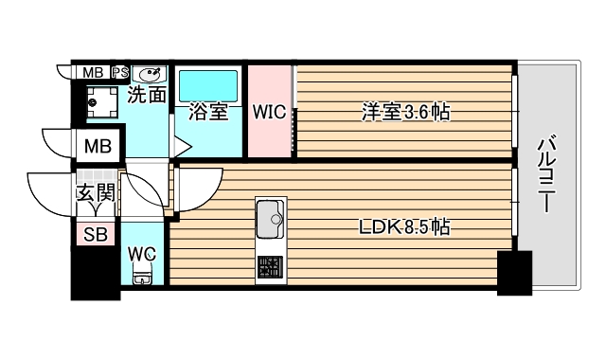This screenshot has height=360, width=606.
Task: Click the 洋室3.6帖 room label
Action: tap(403, 113)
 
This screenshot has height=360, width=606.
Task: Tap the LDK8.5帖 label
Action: tap(402, 228)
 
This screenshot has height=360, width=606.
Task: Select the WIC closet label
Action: tap(269, 112)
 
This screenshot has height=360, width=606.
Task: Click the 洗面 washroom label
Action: tap(147, 95)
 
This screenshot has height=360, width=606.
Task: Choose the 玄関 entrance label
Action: tap(96, 194)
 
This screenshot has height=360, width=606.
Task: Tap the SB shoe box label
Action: tap(95, 235)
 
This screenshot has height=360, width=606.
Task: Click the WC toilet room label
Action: tap(143, 254)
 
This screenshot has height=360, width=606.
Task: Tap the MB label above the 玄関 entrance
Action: tap(98, 147)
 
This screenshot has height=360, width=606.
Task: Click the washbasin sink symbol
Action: tap(150, 74)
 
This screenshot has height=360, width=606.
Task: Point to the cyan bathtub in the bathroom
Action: tap(209, 85)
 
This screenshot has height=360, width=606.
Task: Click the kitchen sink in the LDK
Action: tap(270, 220)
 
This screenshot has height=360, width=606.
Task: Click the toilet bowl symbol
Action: tap(143, 278)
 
